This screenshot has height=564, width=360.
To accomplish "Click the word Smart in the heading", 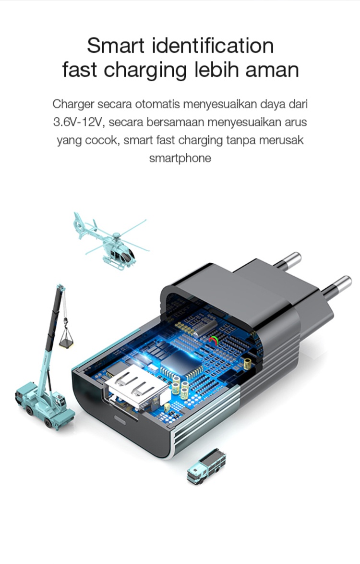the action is (115, 46).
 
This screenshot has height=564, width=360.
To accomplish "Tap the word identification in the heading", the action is (213, 46).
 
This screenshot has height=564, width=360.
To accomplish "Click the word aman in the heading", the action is (272, 71).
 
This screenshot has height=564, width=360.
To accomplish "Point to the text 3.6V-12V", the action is (78, 122).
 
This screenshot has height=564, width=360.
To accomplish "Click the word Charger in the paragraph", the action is (73, 104).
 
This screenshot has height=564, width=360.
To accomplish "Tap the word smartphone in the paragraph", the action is (180, 158).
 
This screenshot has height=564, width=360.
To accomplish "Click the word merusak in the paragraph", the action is (281, 140).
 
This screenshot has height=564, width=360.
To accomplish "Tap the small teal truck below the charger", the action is (206, 466).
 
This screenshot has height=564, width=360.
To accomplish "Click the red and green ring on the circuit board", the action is (214, 340).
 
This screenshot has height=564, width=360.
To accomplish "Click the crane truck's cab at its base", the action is (59, 402).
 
